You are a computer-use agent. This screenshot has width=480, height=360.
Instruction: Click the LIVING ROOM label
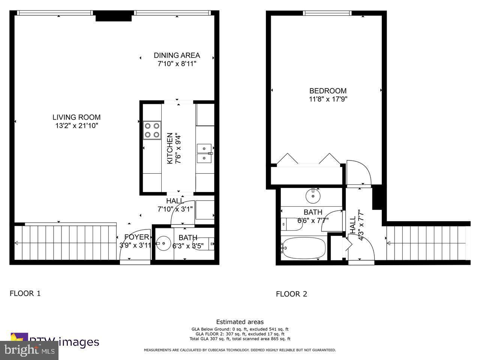tap(76, 117)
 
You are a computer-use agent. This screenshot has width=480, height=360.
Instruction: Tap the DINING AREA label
tap(177, 55)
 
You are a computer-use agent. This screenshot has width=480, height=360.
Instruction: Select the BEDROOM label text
tap(328, 91)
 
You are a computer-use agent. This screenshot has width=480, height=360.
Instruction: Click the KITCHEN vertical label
tap(170, 148)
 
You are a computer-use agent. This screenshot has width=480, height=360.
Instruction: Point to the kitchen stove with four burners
tap(152, 130)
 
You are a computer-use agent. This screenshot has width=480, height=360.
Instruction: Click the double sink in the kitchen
tap(204, 153)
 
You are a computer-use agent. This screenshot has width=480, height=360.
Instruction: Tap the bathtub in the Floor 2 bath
tap(303, 248)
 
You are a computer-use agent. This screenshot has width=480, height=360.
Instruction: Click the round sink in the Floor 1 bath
tap(163, 243)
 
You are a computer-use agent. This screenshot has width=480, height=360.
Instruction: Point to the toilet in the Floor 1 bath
tap(207, 244)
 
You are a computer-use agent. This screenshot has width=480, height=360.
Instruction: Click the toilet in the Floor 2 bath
tap(287, 224)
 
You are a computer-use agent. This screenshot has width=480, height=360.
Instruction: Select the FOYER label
tap(136, 237)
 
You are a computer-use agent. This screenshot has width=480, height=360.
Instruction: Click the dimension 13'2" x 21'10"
tap(76, 126)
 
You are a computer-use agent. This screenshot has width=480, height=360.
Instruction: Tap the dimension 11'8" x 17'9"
tap(328, 99)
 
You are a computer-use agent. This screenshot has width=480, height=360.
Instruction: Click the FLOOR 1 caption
tap(25, 293)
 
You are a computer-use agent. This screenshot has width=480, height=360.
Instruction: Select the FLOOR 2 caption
tap(291, 294)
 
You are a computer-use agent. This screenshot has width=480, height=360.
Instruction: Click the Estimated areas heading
tap(240, 322)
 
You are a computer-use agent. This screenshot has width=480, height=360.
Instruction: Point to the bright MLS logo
tap(29, 350)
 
